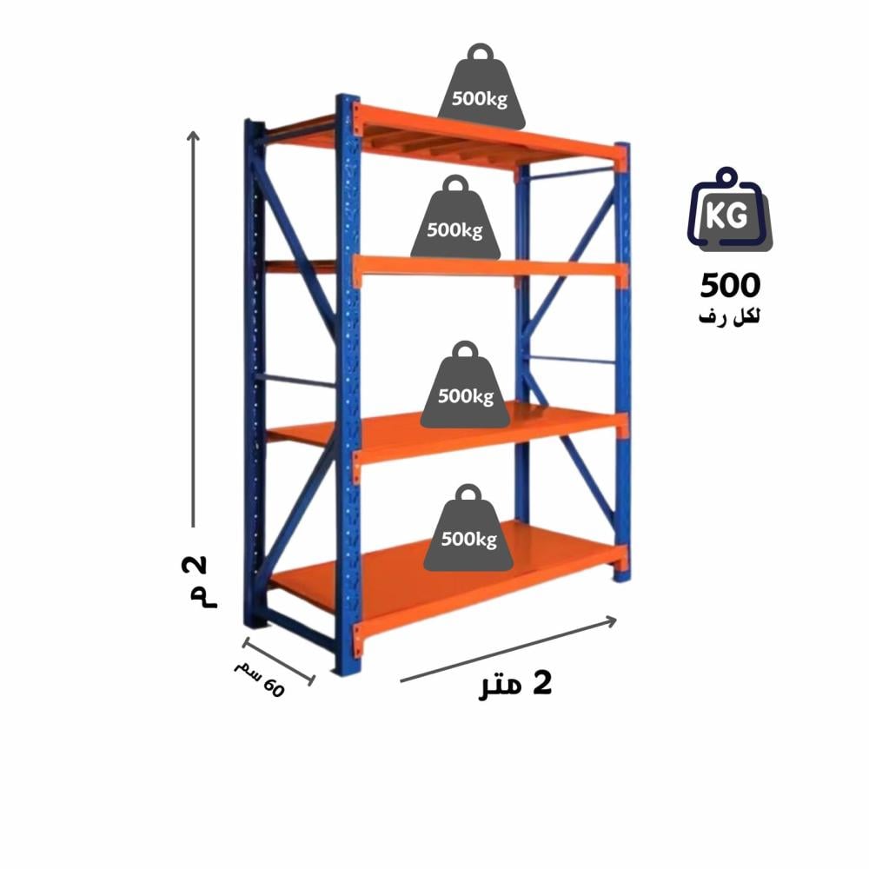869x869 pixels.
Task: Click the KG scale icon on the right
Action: [x=728, y=216]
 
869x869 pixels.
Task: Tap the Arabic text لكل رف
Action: [x=729, y=317]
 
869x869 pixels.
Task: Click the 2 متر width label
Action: [x=516, y=686]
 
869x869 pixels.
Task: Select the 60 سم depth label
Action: [x=259, y=679]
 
